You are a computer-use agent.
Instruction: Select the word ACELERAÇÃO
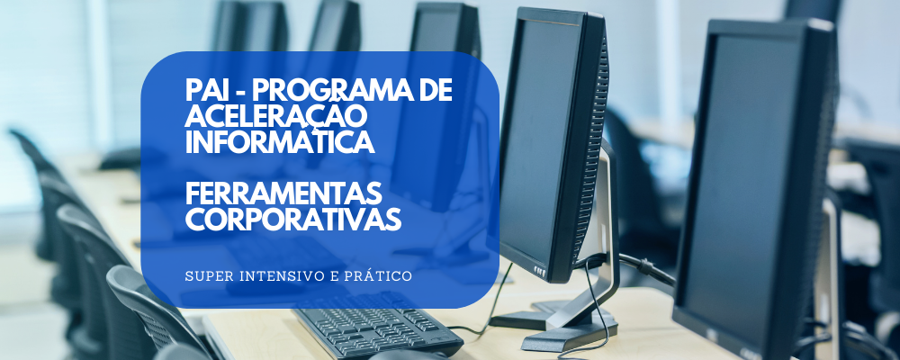pos(276,117)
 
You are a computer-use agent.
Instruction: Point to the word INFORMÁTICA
pos(280,142)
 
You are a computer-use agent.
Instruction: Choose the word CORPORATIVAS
pos(293,220)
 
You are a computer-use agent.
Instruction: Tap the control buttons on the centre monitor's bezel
pos(539,270)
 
